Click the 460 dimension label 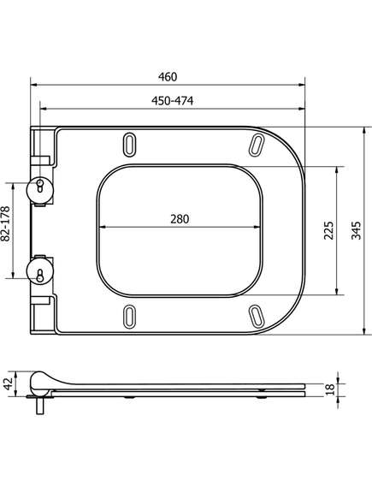coord(168,77)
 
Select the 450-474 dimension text coord(172,101)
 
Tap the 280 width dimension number coord(180,219)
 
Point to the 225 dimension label coord(328,230)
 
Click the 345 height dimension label coord(356,230)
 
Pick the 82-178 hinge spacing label coord(5,224)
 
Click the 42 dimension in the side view coord(9,383)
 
